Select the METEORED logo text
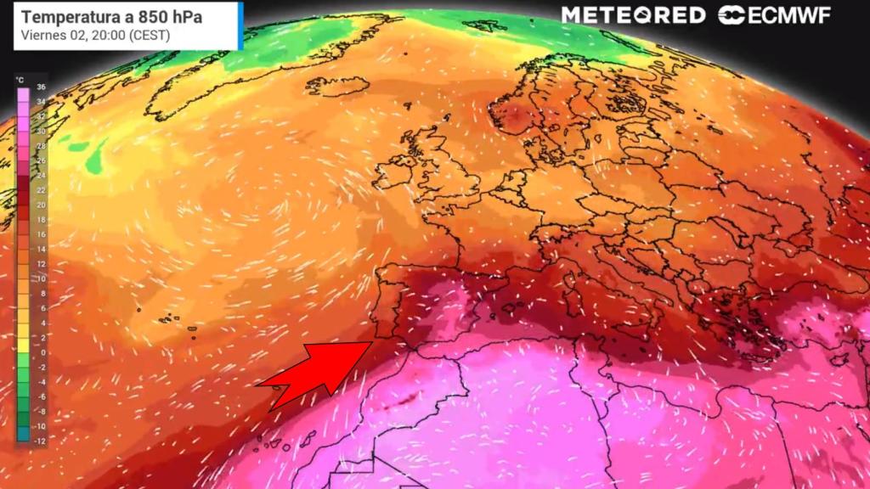click(633, 15)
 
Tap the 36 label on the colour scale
click(41, 87)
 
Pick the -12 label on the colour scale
click(40, 440)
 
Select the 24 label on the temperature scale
click(41, 176)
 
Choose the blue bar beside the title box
click(241, 25)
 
